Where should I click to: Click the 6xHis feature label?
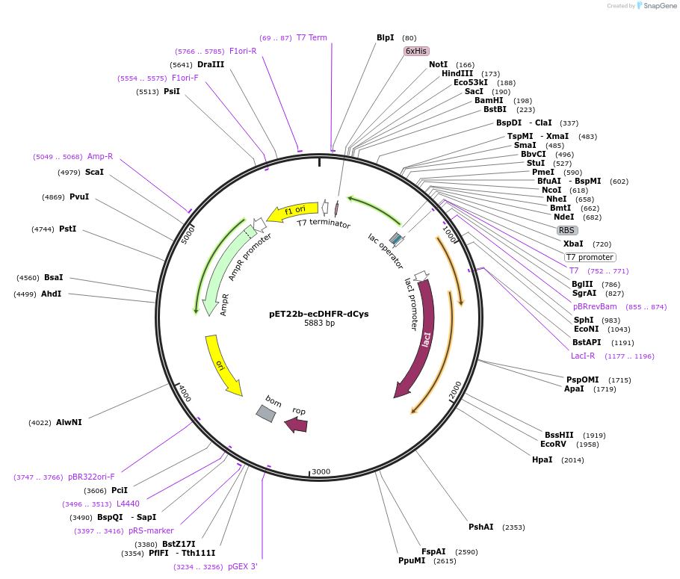(416, 51)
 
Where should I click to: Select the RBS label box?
(567, 230)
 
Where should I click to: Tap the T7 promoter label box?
(590, 257)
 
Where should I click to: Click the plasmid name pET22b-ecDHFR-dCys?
(319, 314)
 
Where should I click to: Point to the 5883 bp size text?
(319, 323)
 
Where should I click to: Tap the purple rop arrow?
(297, 424)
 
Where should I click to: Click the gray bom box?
(265, 413)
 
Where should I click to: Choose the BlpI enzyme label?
(385, 37)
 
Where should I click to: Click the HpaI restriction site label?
(542, 459)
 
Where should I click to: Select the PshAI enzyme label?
(480, 527)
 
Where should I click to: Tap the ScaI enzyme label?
(94, 173)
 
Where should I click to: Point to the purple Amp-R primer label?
(100, 156)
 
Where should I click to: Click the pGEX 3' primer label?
(242, 566)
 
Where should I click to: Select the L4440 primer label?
(128, 504)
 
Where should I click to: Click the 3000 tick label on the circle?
(321, 471)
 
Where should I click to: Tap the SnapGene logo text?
(660, 5)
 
